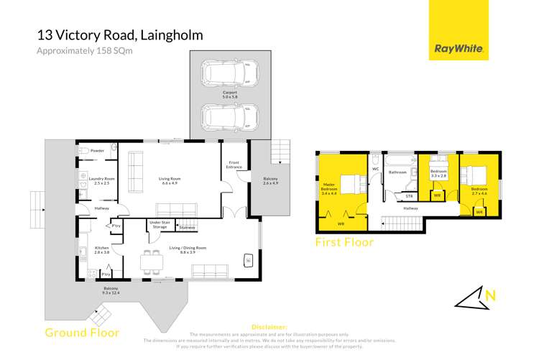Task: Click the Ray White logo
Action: click(459, 50)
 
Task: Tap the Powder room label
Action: click(98, 151)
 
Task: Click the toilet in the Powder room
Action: click(83, 152)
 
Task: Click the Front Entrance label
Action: click(234, 165)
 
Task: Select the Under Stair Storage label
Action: click(159, 225)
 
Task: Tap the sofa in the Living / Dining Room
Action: click(211, 271)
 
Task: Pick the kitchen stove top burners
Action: click(91, 274)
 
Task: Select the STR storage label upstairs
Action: click(409, 195)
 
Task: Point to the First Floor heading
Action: click(344, 242)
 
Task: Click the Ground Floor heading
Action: click(82, 332)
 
